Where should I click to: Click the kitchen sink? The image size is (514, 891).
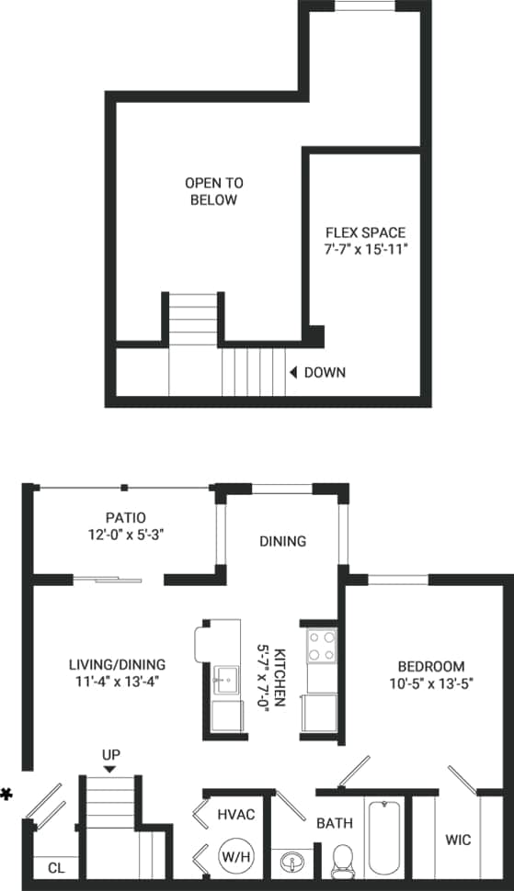(x=224, y=681)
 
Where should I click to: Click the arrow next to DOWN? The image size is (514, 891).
(x=292, y=372)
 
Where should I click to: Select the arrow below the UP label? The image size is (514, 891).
(x=110, y=770)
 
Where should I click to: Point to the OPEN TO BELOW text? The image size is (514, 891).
(x=213, y=191)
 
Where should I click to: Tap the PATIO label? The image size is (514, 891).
(x=126, y=517)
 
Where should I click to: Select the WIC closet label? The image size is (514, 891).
(x=458, y=839)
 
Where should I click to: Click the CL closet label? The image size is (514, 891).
(x=55, y=867)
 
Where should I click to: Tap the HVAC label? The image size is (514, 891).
(x=235, y=814)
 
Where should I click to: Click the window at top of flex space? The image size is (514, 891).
(x=365, y=6)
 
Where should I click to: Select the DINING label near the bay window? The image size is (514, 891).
(x=282, y=541)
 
